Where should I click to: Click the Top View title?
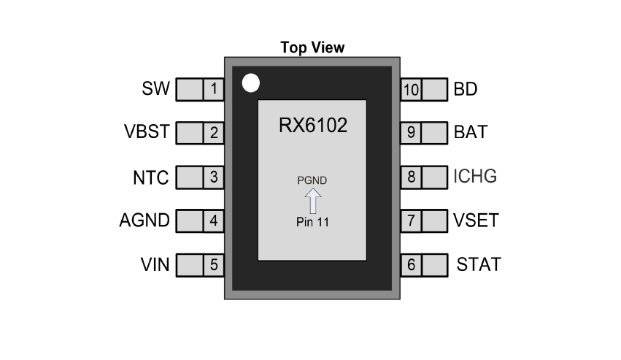pyautogui.click(x=312, y=47)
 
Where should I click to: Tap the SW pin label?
pyautogui.click(x=155, y=90)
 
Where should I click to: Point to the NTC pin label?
pyautogui.click(x=150, y=177)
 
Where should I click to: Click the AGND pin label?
pyautogui.click(x=144, y=220)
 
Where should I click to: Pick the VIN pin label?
pyautogui.click(x=154, y=264)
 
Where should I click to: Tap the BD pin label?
pyautogui.click(x=466, y=90)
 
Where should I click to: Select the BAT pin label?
pyautogui.click(x=471, y=133)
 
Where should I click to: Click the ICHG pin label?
pyautogui.click(x=475, y=177)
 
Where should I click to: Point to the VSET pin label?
pyautogui.click(x=476, y=220)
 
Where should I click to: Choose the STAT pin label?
pyautogui.click(x=479, y=264)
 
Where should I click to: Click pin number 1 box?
pyautogui.click(x=213, y=90)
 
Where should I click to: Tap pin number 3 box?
pyautogui.click(x=213, y=177)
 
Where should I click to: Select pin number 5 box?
pyautogui.click(x=213, y=264)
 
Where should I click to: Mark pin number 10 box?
pyautogui.click(x=411, y=90)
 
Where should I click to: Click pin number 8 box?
pyautogui.click(x=411, y=177)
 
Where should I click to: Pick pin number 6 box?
pyautogui.click(x=411, y=264)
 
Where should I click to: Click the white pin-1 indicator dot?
pyautogui.click(x=250, y=83)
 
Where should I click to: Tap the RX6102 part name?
pyautogui.click(x=312, y=125)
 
